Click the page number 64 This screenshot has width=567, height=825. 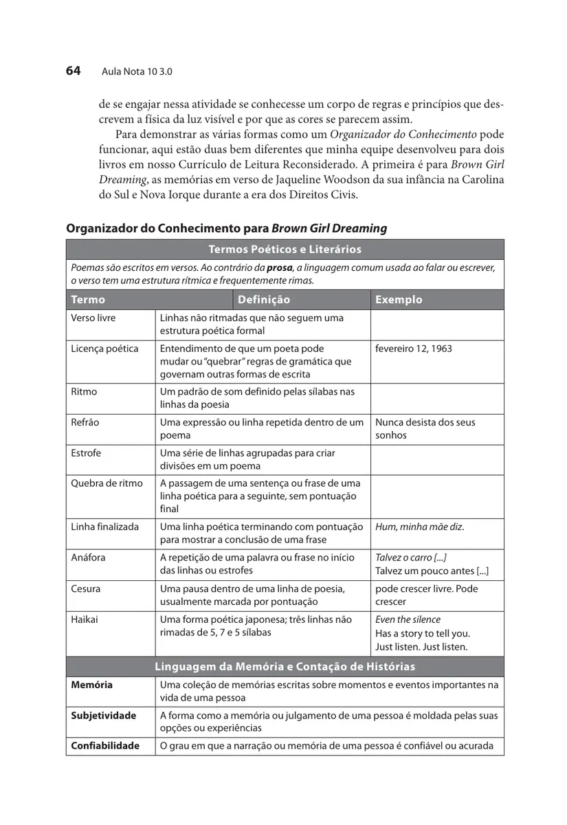[74, 70]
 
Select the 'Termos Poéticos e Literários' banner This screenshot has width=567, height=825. [285, 250]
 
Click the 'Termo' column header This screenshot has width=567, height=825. [88, 300]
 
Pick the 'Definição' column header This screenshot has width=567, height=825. [265, 300]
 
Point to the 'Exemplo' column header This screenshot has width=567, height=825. [399, 300]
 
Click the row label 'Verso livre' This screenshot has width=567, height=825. [93, 318]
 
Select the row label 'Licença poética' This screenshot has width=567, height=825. [104, 349]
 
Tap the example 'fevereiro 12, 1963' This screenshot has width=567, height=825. [414, 349]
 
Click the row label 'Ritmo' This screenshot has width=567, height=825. [85, 392]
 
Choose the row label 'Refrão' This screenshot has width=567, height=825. [85, 422]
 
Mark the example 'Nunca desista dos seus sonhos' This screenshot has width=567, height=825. [425, 428]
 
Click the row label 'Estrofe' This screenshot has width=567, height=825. [86, 453]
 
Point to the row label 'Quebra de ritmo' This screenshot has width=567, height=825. [107, 483]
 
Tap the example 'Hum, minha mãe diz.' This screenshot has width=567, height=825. [419, 527]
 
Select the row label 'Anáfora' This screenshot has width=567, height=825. [89, 558]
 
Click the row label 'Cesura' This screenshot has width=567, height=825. [86, 588]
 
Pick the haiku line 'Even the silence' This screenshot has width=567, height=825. [408, 619]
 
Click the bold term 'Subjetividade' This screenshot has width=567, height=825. [104, 716]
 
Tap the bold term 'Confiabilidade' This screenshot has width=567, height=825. [105, 746]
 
